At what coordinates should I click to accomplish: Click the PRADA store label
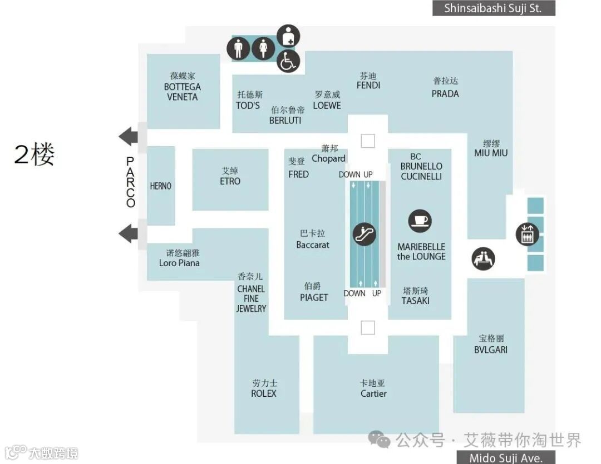[445, 93]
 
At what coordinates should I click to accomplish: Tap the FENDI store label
[368, 85]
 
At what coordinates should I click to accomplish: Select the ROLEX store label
[264, 393]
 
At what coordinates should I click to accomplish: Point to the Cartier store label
[373, 393]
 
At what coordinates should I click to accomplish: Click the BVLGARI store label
[491, 350]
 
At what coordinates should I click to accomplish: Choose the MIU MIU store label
[491, 153]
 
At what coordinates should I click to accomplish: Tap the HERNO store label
[161, 186]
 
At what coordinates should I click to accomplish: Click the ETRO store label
[230, 181]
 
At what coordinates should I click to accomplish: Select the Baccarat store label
[313, 245]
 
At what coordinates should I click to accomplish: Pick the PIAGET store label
[314, 297]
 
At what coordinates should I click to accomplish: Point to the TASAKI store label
[416, 301]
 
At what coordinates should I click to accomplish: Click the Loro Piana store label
[179, 263]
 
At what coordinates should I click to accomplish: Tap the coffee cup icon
[420, 221]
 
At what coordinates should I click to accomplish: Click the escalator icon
[365, 234]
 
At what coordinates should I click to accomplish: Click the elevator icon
[527, 234]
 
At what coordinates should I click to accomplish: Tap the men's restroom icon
[238, 49]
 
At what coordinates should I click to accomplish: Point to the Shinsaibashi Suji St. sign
[494, 8]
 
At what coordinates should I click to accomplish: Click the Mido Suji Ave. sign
[506, 457]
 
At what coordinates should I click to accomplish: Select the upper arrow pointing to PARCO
[129, 136]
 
